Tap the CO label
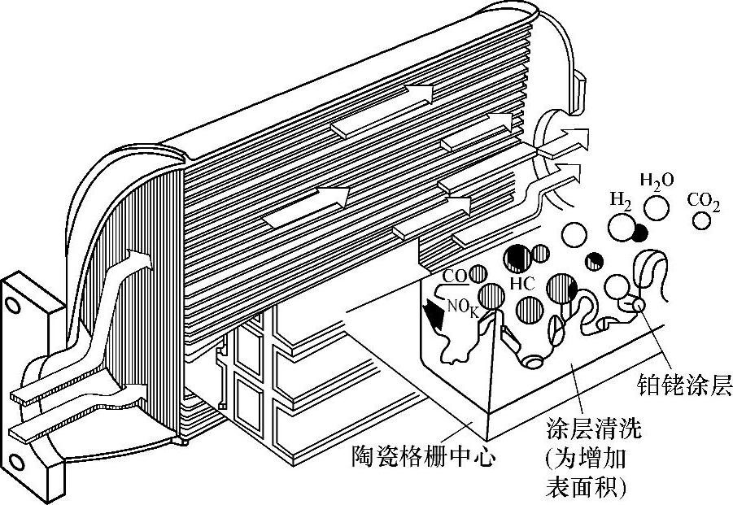tap(453, 276)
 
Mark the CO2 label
tap(704, 200)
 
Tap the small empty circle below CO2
tap(702, 220)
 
